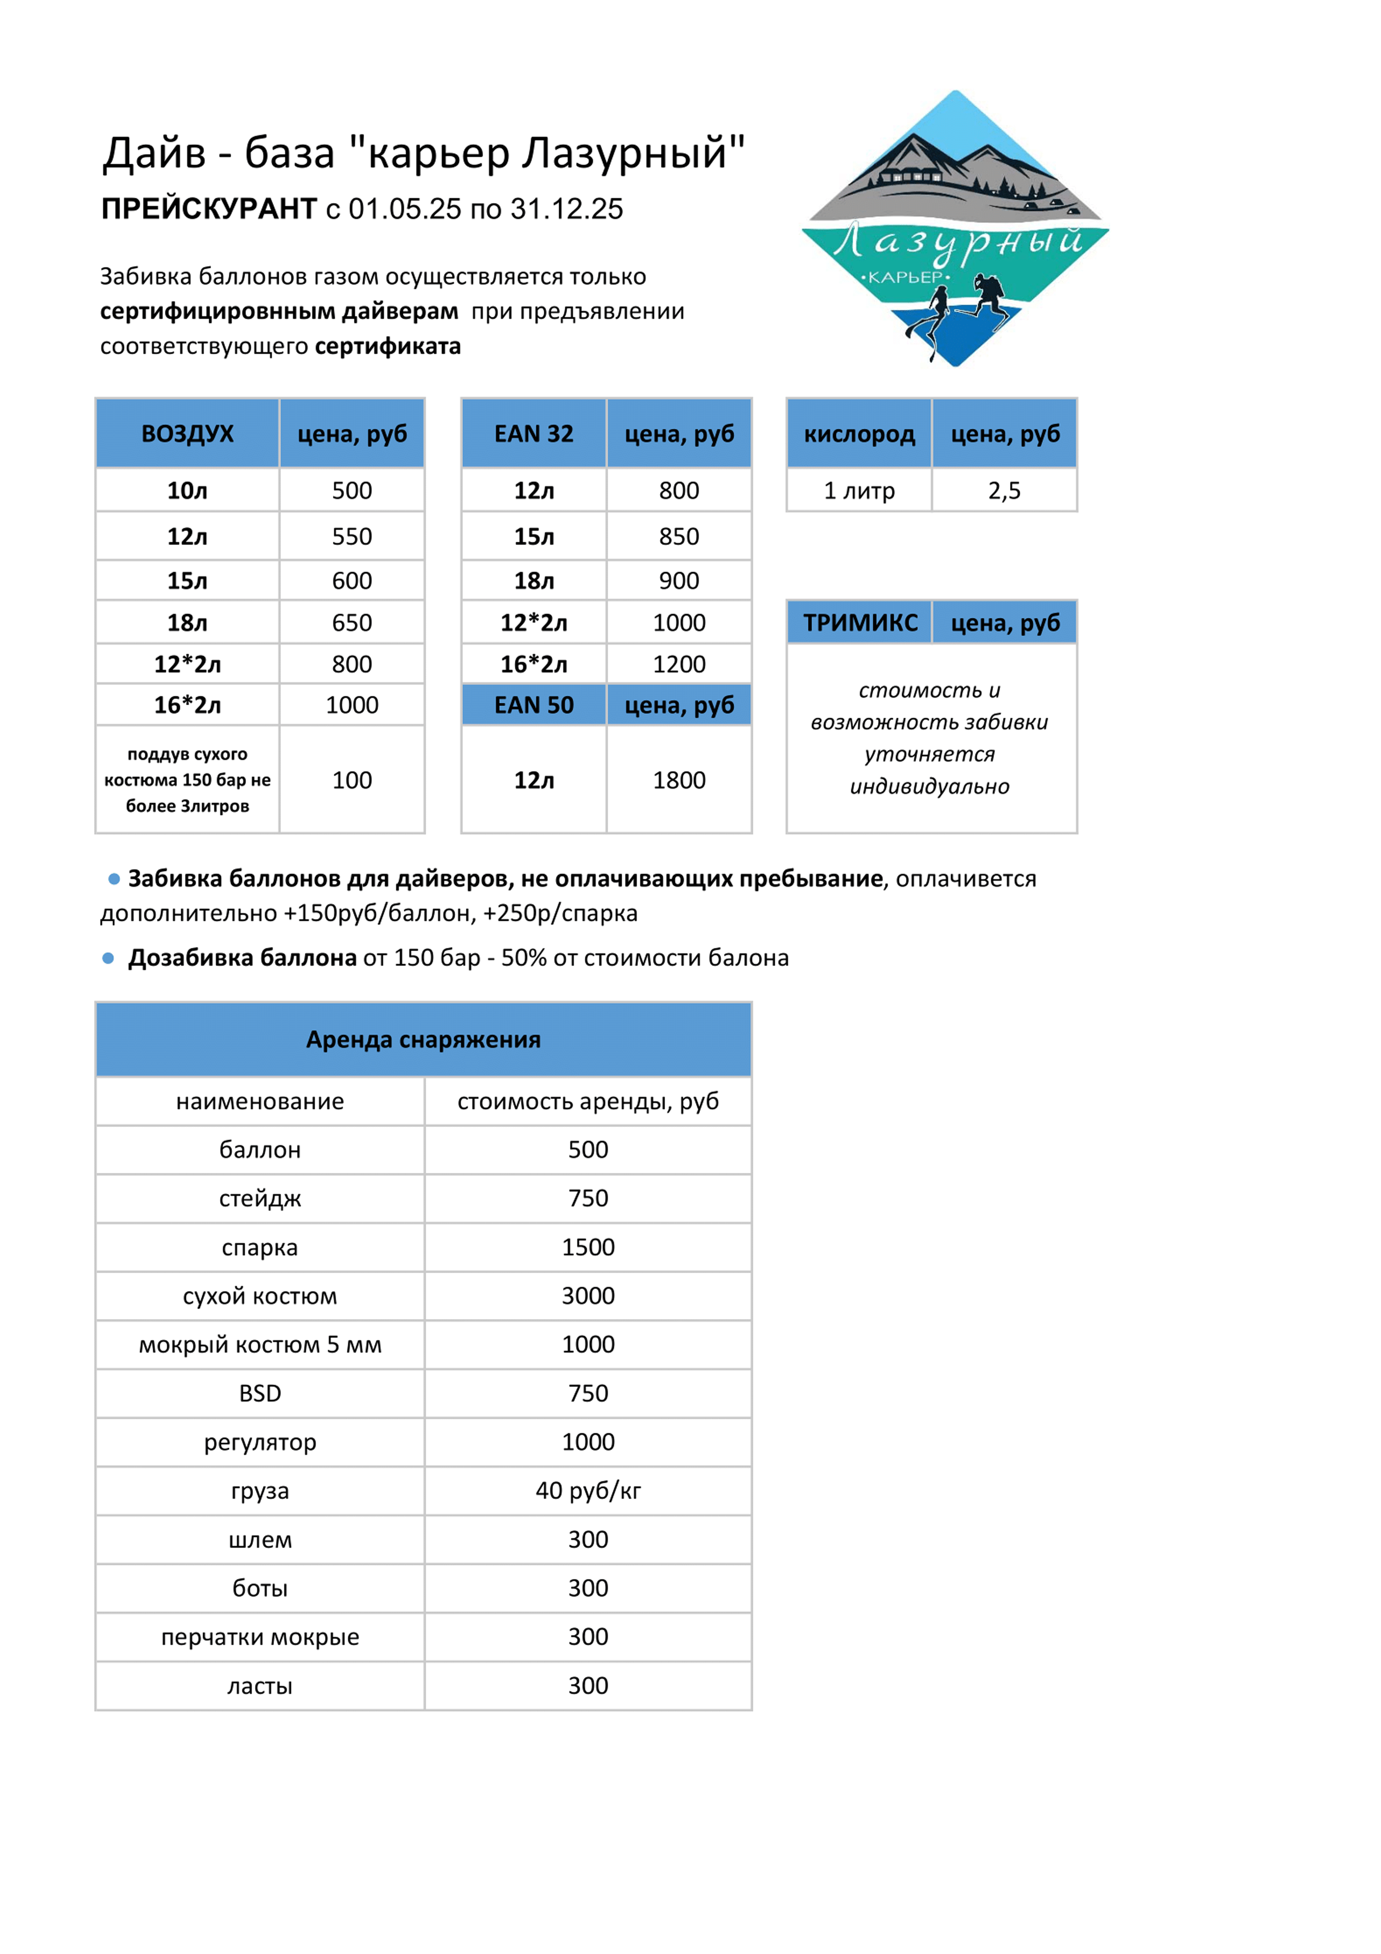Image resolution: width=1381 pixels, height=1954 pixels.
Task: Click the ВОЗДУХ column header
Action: tap(187, 434)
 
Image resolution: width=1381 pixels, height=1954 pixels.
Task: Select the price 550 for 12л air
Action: tap(351, 536)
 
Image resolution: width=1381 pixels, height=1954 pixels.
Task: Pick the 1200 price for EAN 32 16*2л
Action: tap(679, 664)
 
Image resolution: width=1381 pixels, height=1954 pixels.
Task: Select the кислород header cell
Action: tap(859, 434)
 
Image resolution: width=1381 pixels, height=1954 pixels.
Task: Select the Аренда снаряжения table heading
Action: tap(423, 1039)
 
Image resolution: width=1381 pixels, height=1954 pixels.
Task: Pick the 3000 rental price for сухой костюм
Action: tap(588, 1295)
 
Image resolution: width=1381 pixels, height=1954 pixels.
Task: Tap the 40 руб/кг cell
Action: tap(588, 1490)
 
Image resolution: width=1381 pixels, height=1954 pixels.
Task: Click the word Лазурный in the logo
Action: tap(957, 243)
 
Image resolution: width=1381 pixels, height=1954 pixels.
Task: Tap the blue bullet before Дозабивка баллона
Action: tap(108, 958)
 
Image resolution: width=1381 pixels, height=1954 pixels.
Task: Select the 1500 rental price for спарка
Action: tap(588, 1247)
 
